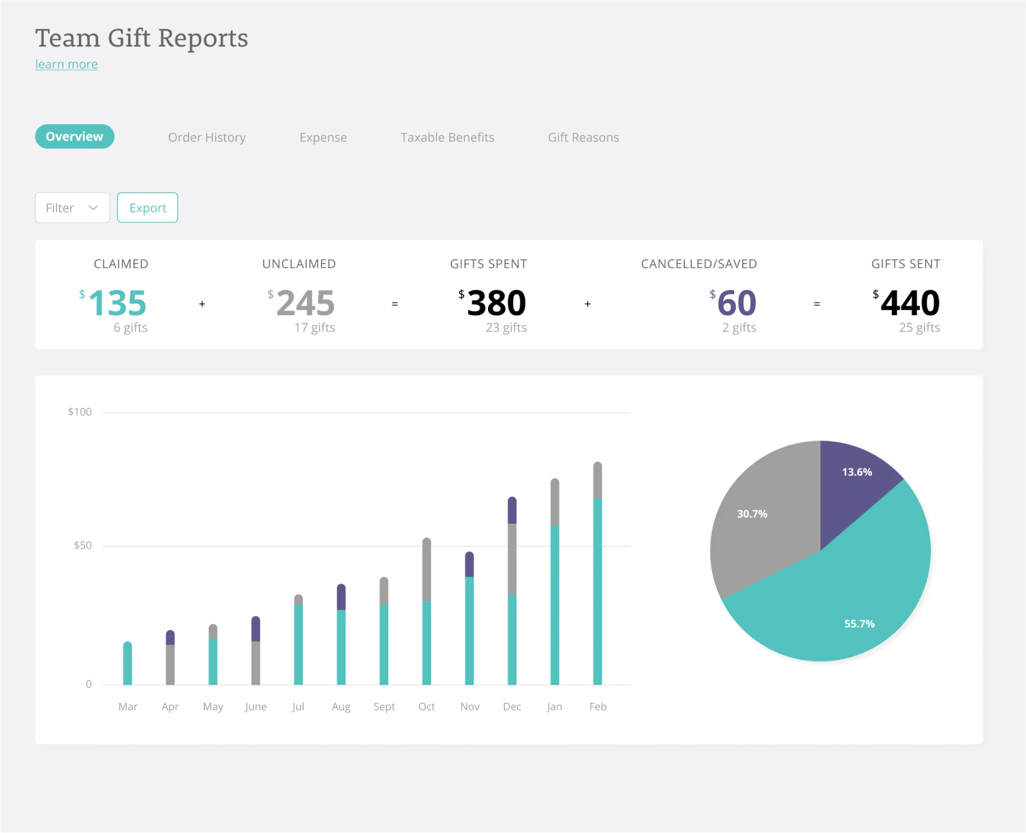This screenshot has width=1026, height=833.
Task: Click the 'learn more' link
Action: (x=67, y=64)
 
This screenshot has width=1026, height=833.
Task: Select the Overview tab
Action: (x=74, y=137)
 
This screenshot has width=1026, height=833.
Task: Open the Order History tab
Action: (x=206, y=137)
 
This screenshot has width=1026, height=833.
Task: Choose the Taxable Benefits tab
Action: (x=447, y=137)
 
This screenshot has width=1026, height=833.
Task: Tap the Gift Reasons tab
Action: (x=583, y=137)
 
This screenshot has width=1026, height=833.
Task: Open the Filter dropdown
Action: (x=72, y=208)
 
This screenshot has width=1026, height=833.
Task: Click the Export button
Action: (x=148, y=208)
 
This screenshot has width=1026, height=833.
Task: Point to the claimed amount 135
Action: (x=117, y=303)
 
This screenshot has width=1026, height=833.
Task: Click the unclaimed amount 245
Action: (x=305, y=303)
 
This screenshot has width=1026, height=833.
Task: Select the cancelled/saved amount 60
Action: (x=737, y=303)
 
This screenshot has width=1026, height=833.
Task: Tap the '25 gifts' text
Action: (x=919, y=328)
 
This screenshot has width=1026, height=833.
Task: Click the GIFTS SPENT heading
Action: (x=489, y=264)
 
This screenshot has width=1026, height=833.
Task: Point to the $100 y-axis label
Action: (x=80, y=412)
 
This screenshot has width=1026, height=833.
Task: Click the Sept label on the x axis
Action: (x=384, y=707)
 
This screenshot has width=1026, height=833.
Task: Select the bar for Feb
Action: (x=597, y=583)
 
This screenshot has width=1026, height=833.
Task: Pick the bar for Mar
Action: (x=128, y=664)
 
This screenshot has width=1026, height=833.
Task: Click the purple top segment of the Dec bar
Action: (x=512, y=511)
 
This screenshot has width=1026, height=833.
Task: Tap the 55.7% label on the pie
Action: (x=859, y=624)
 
